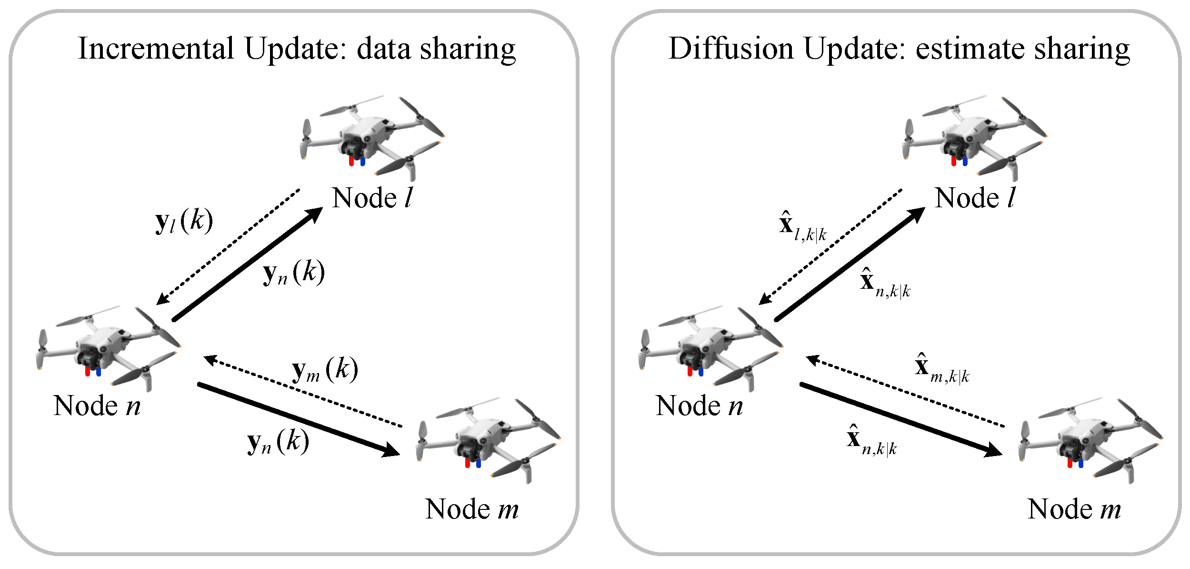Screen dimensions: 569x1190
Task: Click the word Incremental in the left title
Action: point(156,49)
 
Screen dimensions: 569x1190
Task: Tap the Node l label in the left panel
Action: point(372,198)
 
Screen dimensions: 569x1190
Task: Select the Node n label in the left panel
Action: point(97,406)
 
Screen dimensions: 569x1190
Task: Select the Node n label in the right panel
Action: point(699,406)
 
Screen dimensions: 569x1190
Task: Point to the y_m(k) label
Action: point(325,371)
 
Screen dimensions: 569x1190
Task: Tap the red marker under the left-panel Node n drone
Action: point(87,371)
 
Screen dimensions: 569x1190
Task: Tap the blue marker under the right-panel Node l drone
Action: point(965,162)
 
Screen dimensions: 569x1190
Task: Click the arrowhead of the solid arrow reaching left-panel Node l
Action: point(314,215)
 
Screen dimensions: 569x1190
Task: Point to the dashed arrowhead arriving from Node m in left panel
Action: point(211,360)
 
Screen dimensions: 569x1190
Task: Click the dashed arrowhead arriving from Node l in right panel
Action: point(765,299)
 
